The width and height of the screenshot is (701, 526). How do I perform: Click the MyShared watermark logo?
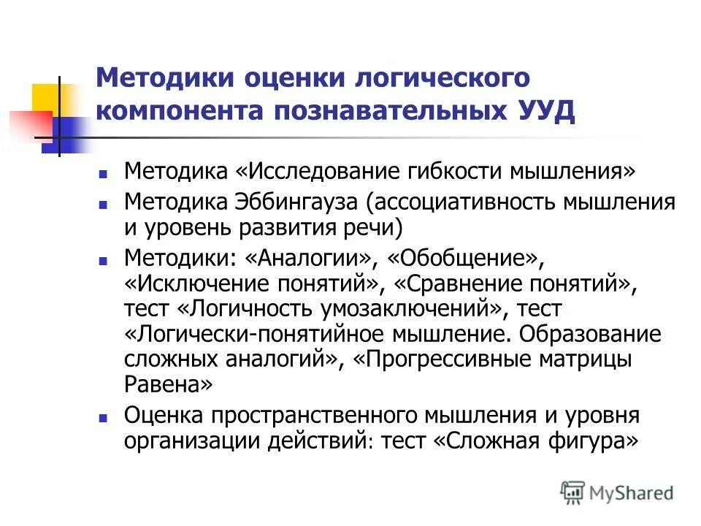[x=617, y=493]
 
